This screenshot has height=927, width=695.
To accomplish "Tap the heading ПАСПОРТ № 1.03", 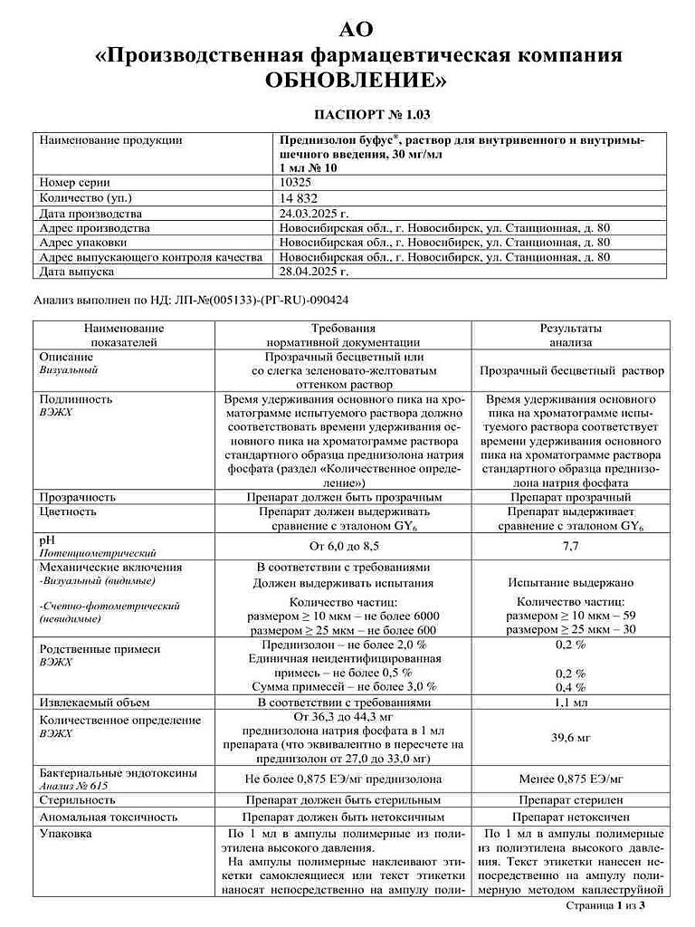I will [x=373, y=116].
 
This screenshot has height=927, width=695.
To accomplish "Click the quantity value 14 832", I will [x=300, y=197].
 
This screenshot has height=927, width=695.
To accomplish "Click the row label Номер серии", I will [x=75, y=182].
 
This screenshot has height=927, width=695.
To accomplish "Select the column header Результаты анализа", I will [x=570, y=335].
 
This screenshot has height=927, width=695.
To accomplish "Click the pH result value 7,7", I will [x=570, y=546].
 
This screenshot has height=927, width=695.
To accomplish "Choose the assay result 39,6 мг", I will [x=570, y=738].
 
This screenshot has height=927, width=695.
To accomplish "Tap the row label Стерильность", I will [x=76, y=799].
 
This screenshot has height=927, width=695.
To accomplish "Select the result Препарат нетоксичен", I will [x=570, y=816].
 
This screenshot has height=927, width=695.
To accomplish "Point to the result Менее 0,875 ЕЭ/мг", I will [x=570, y=778].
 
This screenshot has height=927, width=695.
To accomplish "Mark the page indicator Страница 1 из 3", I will [x=605, y=903].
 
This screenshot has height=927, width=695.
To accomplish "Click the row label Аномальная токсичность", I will [x=108, y=816].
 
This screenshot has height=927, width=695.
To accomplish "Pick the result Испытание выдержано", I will [x=570, y=584].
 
